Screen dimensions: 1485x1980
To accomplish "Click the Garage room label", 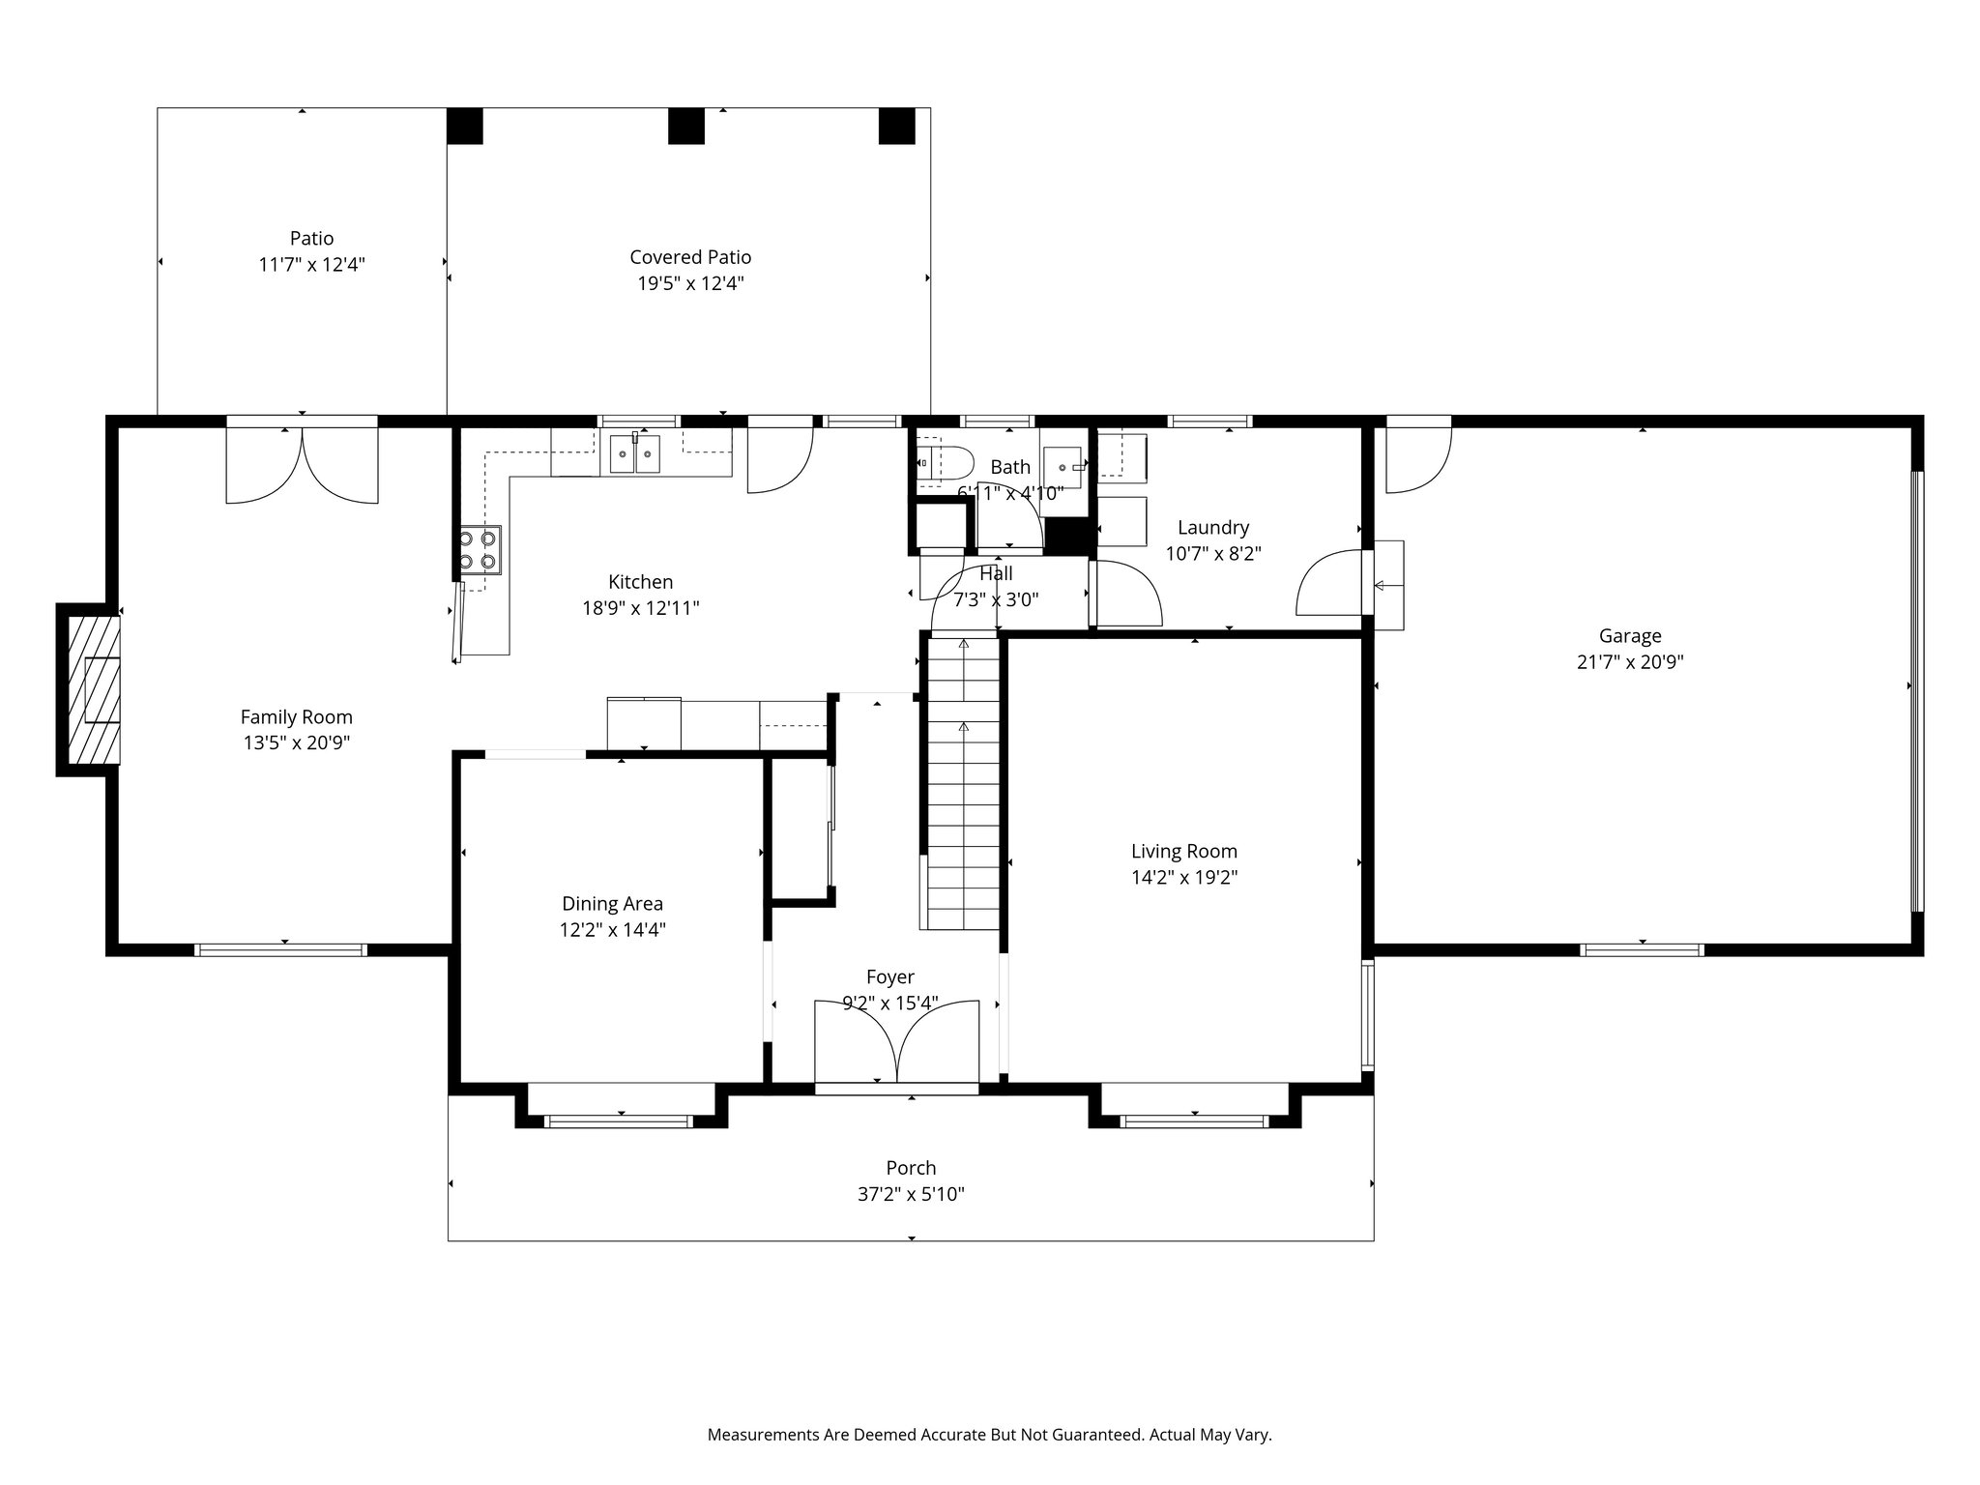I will tap(1630, 636).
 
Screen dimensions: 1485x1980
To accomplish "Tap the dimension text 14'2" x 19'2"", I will tap(1184, 878).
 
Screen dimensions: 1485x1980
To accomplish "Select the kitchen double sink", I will tap(635, 453).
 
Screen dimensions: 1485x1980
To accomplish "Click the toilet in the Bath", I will tap(938, 463).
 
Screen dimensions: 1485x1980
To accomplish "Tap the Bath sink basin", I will tap(1063, 467).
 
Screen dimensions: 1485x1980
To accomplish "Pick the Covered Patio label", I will tap(690, 257).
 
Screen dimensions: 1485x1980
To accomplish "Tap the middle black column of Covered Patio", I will tap(686, 126).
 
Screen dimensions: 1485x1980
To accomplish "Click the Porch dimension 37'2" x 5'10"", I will tap(911, 1195).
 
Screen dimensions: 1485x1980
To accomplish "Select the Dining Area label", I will tap(612, 904).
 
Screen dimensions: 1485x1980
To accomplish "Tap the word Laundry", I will tap(1213, 528).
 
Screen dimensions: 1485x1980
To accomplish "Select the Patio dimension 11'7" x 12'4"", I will tap(311, 265).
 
